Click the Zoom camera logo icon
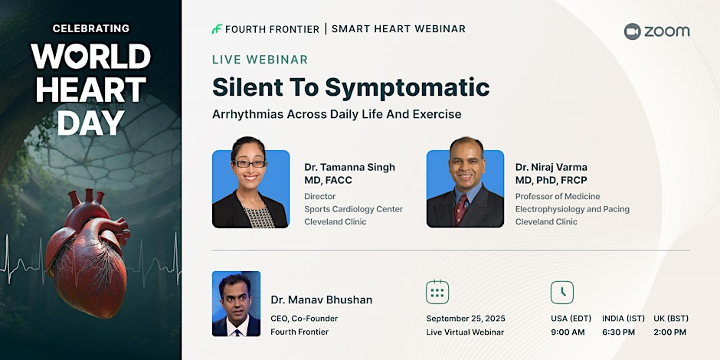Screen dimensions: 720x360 [x=632, y=31]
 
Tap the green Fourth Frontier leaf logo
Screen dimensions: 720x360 [x=217, y=29]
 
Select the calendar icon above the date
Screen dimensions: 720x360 [x=437, y=292]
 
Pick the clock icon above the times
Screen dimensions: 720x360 [x=562, y=292]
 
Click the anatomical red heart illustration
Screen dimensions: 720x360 [x=87, y=253]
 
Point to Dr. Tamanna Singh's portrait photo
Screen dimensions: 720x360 [x=250, y=182]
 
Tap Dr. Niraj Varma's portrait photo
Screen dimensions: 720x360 [x=465, y=182]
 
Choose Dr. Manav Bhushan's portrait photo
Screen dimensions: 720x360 [x=236, y=303]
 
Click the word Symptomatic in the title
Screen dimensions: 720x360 [x=407, y=87]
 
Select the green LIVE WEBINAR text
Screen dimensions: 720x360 [x=260, y=60]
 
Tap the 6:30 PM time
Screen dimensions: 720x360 [x=619, y=332]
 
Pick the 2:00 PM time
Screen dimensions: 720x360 [x=670, y=332]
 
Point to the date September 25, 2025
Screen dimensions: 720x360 [x=466, y=319]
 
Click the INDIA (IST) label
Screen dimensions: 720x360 [x=623, y=318]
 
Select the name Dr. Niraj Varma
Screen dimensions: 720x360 [x=551, y=167]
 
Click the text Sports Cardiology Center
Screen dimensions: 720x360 [x=354, y=209]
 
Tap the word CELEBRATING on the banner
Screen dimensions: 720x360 [x=91, y=28]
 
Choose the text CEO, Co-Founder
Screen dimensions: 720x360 [x=304, y=319]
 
